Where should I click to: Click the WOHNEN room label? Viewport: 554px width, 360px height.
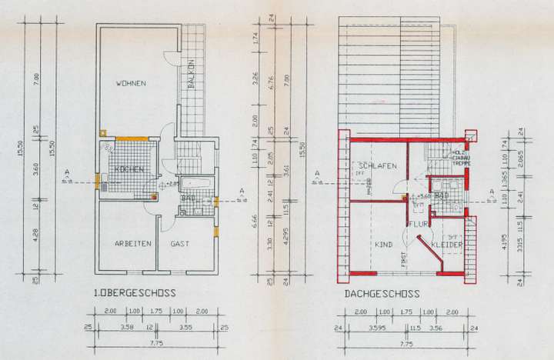click(131, 82)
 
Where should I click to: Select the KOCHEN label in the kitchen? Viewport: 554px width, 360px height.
click(125, 168)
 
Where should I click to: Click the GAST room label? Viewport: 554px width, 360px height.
click(181, 244)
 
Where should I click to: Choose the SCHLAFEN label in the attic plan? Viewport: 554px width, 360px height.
click(376, 166)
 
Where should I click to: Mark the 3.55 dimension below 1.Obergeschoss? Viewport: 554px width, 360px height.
click(185, 327)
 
